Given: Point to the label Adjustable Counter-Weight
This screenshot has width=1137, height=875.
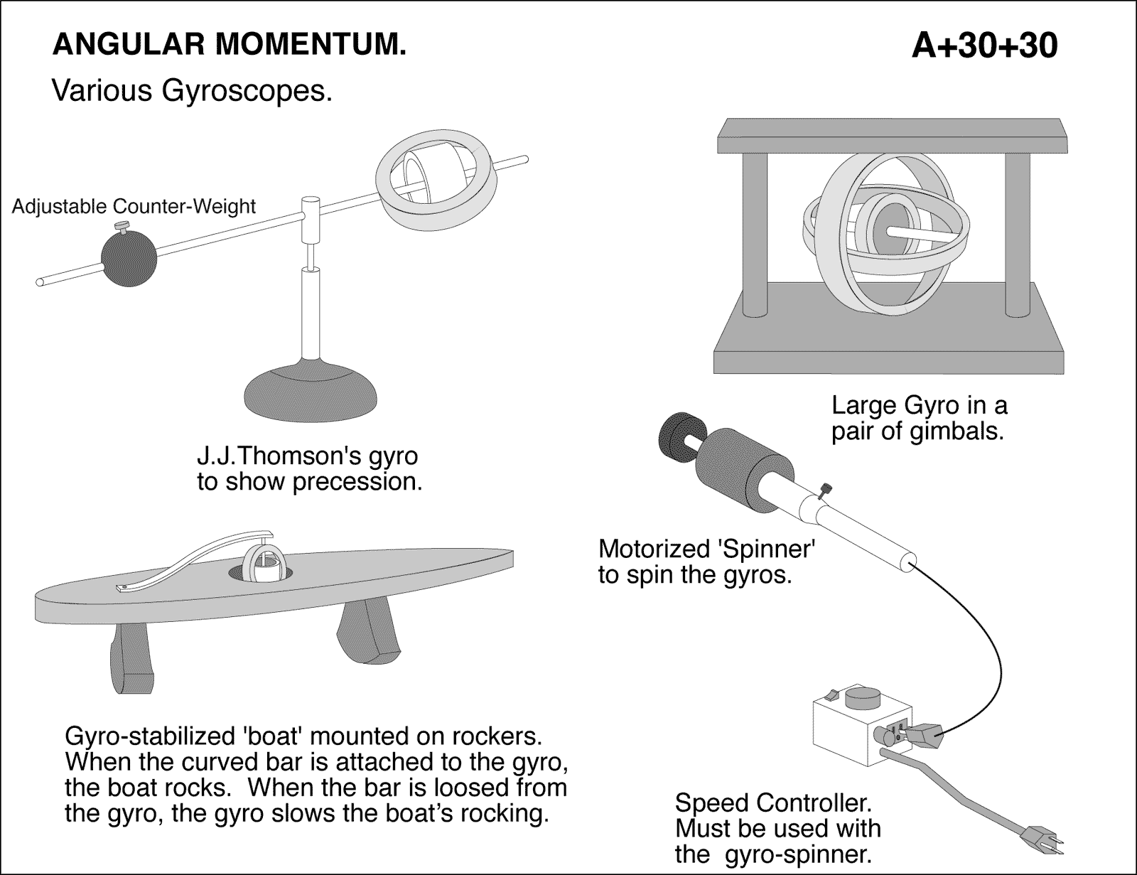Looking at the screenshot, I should click(134, 206).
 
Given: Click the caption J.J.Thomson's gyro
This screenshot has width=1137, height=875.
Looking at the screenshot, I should click(307, 455).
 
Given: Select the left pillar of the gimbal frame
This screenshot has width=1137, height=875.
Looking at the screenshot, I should click(755, 235).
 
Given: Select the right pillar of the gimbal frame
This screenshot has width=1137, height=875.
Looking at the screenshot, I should click(1018, 235).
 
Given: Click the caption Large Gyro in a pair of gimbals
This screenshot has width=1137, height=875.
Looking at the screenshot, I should click(919, 418).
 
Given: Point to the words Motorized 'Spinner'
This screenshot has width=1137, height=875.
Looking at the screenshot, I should click(706, 549).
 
